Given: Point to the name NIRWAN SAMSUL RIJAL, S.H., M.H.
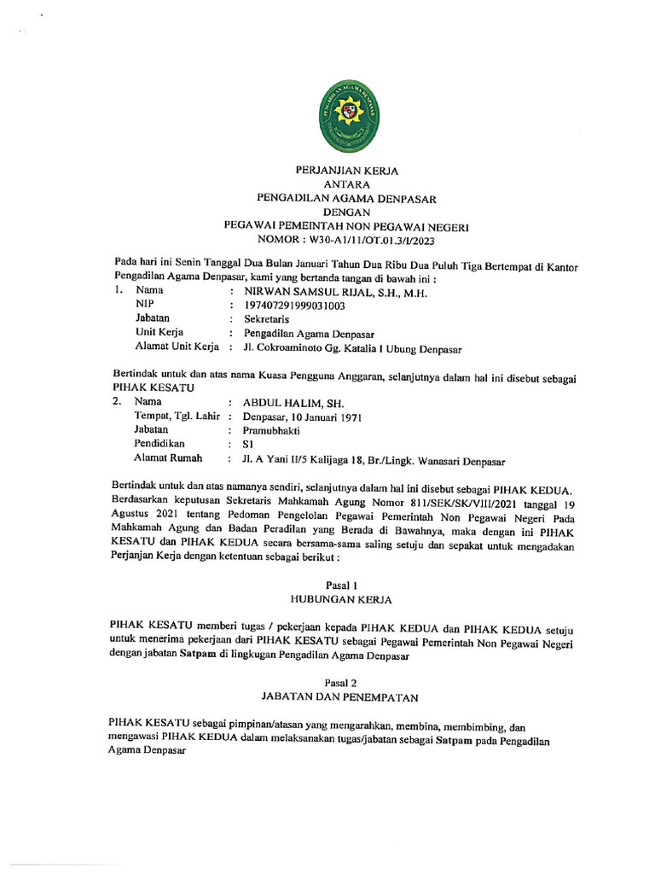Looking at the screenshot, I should pyautogui.click(x=333, y=291).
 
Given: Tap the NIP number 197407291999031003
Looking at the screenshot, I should pyautogui.click(x=294, y=305).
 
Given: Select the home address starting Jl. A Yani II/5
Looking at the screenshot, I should pyautogui.click(x=374, y=460).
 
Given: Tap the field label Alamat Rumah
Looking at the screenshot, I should pyautogui.click(x=167, y=458).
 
